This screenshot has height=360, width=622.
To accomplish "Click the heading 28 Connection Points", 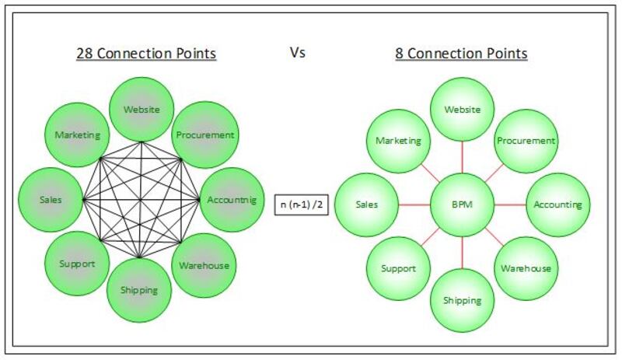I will (145, 54).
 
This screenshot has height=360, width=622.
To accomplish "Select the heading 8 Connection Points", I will (462, 54).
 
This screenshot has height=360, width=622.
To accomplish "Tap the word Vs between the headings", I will (297, 53).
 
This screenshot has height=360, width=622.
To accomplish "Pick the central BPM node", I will (462, 205).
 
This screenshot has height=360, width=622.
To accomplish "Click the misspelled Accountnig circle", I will (231, 200).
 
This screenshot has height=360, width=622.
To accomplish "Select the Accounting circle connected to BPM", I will (557, 205).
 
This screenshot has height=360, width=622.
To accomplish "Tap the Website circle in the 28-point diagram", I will (141, 109).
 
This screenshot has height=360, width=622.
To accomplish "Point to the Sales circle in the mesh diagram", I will (51, 200).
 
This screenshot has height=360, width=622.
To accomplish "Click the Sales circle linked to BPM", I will (367, 205).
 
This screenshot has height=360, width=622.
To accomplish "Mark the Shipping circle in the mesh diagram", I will (140, 290).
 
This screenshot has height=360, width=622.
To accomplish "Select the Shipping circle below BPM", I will (462, 300).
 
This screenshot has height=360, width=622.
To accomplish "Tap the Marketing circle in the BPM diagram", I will (398, 141).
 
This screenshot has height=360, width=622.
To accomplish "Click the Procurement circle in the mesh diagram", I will (204, 135).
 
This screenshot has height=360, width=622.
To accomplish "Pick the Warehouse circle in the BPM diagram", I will (526, 268).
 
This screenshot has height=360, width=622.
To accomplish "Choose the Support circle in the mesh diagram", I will (77, 264).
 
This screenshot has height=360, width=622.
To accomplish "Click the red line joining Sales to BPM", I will (414, 205).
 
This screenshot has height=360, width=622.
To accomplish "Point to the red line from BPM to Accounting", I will (509, 205).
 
